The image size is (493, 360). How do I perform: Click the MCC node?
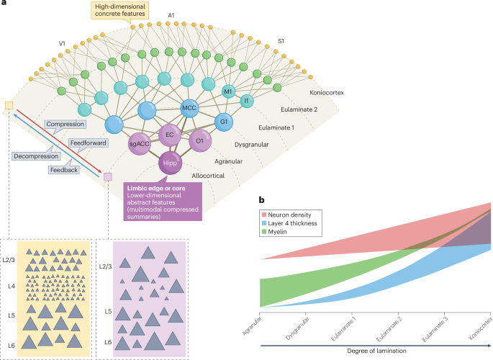(x=189, y=108)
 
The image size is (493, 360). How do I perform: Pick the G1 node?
(x=224, y=122)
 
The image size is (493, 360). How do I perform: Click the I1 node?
(x=245, y=102)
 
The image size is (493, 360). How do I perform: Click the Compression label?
(x=65, y=125)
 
